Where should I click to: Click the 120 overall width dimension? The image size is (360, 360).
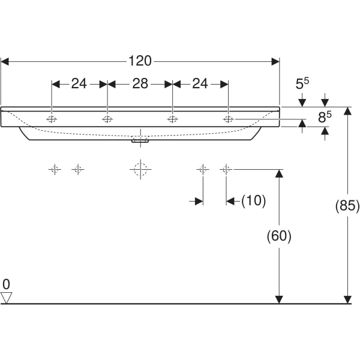pyautogui.click(x=140, y=61)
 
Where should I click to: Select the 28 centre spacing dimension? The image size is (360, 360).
pyautogui.click(x=140, y=84)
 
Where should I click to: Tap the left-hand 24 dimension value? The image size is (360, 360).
pyautogui.click(x=79, y=84)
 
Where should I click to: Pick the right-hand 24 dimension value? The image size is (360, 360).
pyautogui.click(x=200, y=84)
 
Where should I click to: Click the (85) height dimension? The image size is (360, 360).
pyautogui.click(x=347, y=206)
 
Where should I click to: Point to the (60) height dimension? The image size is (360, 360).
pyautogui.click(x=278, y=236)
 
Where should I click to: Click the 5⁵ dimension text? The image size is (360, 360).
pyautogui.click(x=302, y=85)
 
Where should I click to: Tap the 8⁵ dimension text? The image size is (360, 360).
pyautogui.click(x=325, y=117)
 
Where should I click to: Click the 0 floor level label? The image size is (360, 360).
pyautogui.click(x=7, y=284)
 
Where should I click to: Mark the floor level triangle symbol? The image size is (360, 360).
pyautogui.click(x=7, y=297)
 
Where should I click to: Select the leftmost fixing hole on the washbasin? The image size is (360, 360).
pyautogui.click(x=52, y=119)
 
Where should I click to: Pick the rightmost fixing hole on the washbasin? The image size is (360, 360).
pyautogui.click(x=228, y=119)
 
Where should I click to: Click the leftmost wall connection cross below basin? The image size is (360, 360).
pyautogui.click(x=55, y=170)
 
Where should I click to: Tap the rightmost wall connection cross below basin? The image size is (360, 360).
pyautogui.click(x=226, y=170)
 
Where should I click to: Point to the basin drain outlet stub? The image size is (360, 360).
pyautogui.click(x=140, y=142)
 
